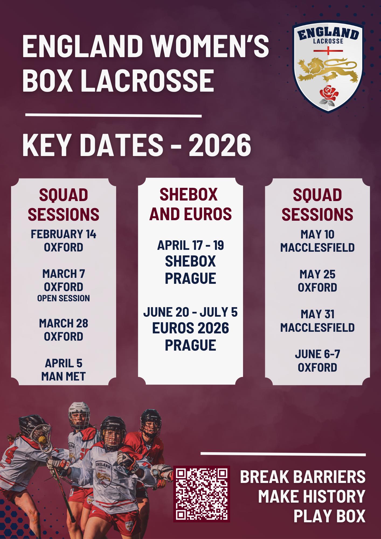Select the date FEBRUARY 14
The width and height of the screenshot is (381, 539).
point(64,234)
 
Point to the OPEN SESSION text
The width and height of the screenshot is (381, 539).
point(64,298)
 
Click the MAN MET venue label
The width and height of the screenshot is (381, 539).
point(64,376)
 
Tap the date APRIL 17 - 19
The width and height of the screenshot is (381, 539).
point(190,245)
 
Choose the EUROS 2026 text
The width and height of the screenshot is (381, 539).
point(190,328)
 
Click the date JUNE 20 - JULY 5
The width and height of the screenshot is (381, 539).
point(190,312)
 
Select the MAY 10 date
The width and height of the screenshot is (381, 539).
point(317,234)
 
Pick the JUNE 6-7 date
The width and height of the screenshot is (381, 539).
point(317,354)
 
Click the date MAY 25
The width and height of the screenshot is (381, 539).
point(317,274)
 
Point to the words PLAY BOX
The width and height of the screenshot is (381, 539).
point(329,516)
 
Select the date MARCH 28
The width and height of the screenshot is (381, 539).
point(64,323)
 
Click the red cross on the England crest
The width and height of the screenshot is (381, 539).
point(328,50)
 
